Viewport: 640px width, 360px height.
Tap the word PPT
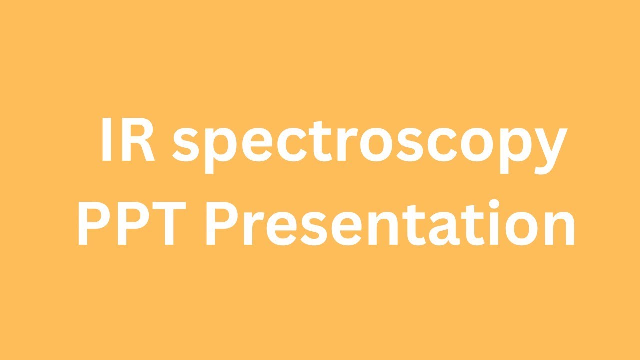point(135,223)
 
